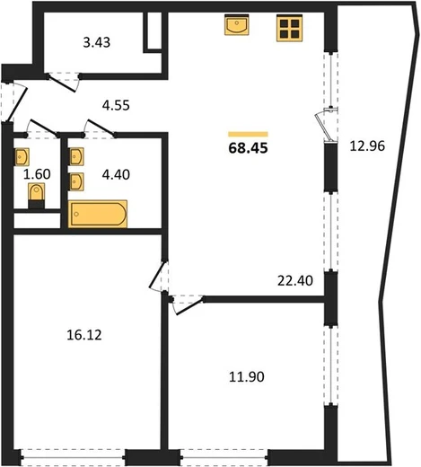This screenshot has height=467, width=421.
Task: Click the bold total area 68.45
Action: pyautogui.click(x=248, y=148)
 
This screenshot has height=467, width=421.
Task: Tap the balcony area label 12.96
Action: pyautogui.click(x=367, y=146)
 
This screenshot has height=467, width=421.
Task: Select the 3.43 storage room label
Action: pyautogui.click(x=97, y=42)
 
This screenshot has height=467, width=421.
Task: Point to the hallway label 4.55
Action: pyautogui.click(x=116, y=105)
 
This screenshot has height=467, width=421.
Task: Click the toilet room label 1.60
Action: pyautogui.click(x=37, y=174)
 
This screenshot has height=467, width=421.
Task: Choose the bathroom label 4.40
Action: pyautogui.click(x=116, y=174)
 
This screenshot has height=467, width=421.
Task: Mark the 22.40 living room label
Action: pyautogui.click(x=295, y=281)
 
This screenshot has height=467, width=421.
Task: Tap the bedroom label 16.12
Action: pyautogui.click(x=84, y=335)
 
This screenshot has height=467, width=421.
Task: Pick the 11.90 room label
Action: pyautogui.click(x=247, y=377)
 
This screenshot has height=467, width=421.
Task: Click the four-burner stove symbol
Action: pyautogui.click(x=289, y=28)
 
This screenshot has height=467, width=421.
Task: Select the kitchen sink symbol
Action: pyautogui.click(x=237, y=24)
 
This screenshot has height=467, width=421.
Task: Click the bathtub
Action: pyautogui.click(x=98, y=214)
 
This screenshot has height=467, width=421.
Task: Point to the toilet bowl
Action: pyautogui.click(x=37, y=193)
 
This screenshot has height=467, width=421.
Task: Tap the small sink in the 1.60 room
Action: pyautogui.click(x=22, y=157)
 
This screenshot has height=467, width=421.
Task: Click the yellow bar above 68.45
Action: pyautogui.click(x=248, y=134)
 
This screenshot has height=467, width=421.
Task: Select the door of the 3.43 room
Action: pyautogui.click(x=62, y=84)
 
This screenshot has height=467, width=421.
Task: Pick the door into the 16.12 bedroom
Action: pyautogui.click(x=156, y=275)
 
